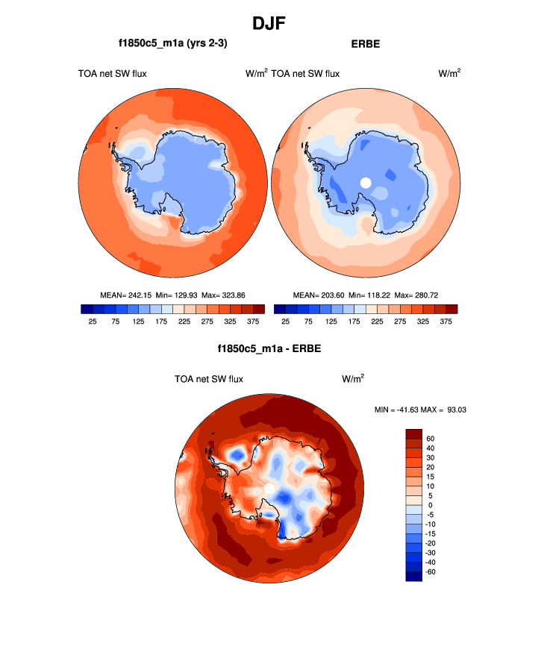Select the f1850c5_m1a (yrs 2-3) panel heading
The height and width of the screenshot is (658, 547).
172,44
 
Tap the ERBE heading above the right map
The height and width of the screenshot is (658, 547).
365,44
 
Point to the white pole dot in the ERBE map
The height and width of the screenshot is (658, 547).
366,182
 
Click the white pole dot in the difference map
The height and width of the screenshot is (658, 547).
269,488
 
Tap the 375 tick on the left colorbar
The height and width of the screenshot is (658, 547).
254,322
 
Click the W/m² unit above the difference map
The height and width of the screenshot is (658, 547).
353,379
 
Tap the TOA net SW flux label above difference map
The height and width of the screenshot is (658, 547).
209,379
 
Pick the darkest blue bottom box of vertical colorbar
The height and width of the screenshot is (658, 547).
414,576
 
